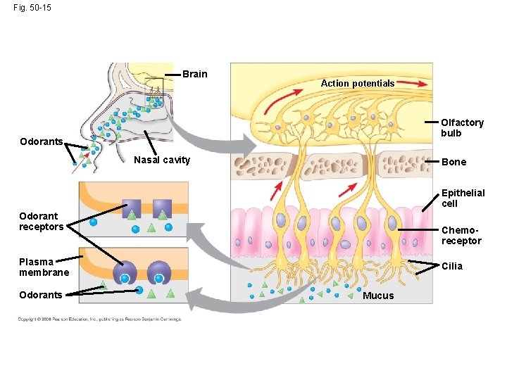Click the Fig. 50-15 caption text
32,8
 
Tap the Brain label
195,74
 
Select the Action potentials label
358,84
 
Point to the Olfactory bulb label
462,127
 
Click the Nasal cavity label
162,160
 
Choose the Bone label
453,162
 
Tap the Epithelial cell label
463,198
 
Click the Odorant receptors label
41,221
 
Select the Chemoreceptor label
461,235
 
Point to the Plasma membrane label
44,267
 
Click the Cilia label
452,266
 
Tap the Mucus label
378,296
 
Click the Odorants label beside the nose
41,141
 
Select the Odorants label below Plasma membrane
41,295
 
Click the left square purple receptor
132,208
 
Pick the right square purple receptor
163,208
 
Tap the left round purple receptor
125,272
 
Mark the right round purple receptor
159,272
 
